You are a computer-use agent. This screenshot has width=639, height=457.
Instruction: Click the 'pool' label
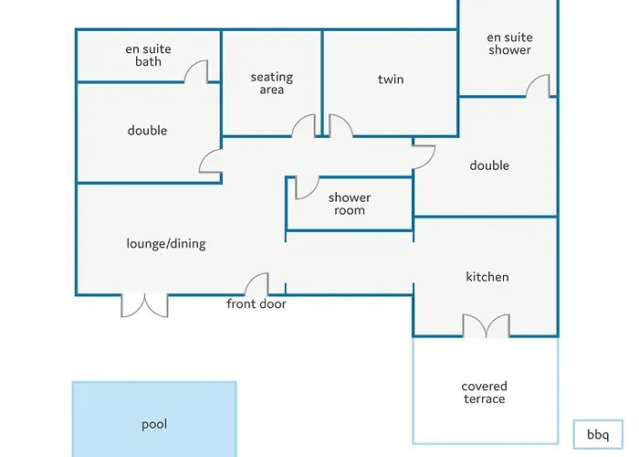click(154, 424)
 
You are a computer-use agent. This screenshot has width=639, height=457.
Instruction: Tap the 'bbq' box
click(598, 433)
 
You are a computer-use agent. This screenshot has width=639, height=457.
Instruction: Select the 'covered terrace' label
click(484, 392)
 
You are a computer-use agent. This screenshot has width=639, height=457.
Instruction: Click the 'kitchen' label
click(487, 277)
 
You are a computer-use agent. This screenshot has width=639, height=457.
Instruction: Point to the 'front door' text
click(257, 303)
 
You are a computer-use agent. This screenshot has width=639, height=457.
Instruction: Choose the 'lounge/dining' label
click(166, 244)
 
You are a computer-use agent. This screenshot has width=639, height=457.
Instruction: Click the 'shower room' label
click(350, 203)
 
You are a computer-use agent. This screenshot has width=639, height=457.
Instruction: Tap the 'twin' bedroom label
click(391, 80)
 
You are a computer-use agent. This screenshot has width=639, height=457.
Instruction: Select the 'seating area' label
click(272, 83)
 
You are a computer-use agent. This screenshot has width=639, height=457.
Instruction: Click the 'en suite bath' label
click(149, 55)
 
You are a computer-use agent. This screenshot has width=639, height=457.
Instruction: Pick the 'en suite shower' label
click(508, 44)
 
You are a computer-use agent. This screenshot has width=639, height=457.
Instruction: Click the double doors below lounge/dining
click(144, 305)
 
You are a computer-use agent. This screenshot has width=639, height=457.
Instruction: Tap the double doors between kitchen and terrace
click(485, 326)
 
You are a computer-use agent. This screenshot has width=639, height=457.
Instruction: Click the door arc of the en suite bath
click(197, 72)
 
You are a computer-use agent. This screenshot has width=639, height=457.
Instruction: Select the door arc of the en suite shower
click(539, 86)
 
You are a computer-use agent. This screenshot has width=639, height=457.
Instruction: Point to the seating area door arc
click(304, 126)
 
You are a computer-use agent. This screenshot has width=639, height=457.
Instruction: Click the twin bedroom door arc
click(340, 126)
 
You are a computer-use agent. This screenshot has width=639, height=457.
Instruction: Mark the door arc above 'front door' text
click(257, 284)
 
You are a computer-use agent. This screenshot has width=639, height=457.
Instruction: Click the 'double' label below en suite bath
click(147, 131)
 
